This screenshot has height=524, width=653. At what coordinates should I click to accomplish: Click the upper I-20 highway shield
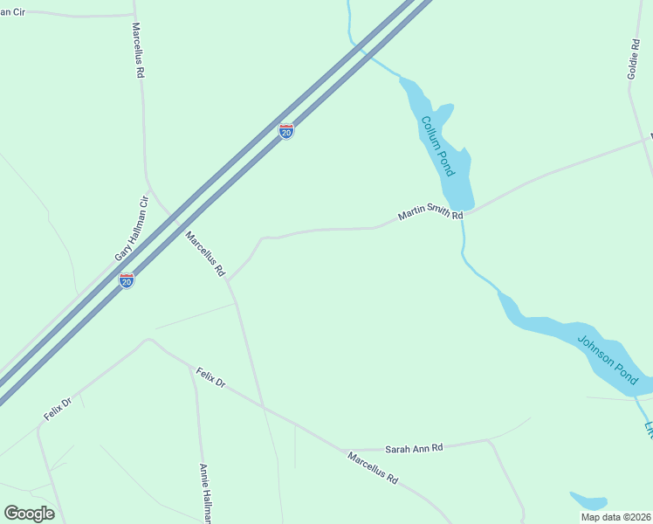point(286,131)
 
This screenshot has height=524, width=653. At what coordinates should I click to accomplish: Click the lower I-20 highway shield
point(127,281)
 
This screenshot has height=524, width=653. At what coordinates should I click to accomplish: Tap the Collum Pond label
point(438,146)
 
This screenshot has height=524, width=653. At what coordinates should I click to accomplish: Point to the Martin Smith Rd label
point(430,212)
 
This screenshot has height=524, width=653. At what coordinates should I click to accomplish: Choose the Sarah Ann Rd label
point(414,448)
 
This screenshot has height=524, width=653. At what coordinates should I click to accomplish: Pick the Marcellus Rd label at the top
point(138,51)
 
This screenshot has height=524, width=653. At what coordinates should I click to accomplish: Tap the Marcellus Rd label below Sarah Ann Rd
point(373,468)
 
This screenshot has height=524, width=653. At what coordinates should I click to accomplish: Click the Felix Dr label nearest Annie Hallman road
point(210,378)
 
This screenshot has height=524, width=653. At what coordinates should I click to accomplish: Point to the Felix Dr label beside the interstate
point(58,408)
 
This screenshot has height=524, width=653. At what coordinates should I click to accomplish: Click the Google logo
point(29,514)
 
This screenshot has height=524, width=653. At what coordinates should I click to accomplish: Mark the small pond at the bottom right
point(588,501)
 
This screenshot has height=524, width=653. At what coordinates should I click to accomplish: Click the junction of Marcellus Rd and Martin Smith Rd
point(228,279)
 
